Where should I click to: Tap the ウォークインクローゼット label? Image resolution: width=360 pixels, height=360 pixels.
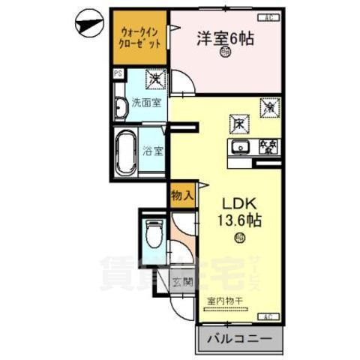[x=139, y=37]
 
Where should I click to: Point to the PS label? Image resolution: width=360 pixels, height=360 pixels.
[x=118, y=73]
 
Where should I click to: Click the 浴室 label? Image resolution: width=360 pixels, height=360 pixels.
[x=154, y=149]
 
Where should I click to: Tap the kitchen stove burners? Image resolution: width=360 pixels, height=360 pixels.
[x=267, y=146]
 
